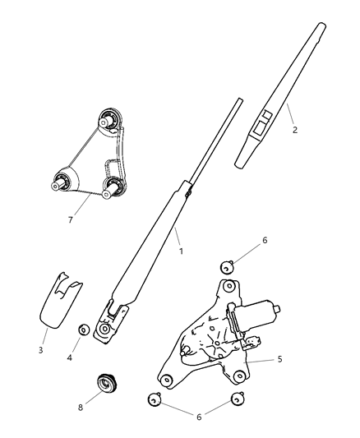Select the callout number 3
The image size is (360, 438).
[x=41, y=350]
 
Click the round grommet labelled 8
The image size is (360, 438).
[x=105, y=383]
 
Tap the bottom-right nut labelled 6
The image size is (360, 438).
[x=237, y=399]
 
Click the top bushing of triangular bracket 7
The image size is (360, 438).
[x=108, y=121]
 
